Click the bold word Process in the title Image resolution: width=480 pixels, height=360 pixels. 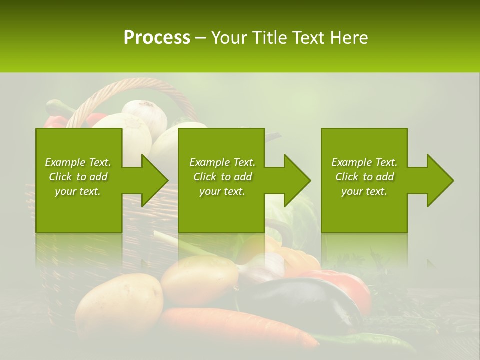(157, 38)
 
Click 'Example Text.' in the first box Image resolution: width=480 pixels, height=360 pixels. (78, 162)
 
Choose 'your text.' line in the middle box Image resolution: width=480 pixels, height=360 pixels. (222, 191)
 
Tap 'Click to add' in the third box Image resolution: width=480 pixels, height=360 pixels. (364, 177)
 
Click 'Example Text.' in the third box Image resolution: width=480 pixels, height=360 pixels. (364, 162)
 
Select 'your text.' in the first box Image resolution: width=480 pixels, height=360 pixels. (78, 191)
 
